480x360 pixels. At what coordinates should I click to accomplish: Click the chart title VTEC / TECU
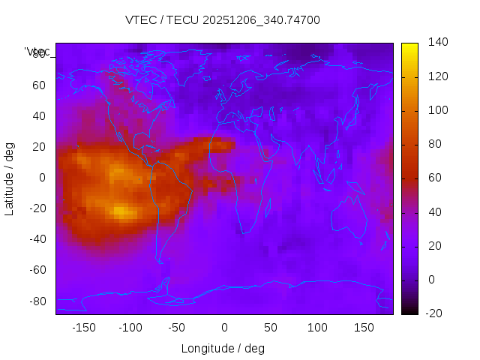click(x=223, y=20)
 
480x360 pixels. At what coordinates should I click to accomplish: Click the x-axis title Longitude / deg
click(x=223, y=348)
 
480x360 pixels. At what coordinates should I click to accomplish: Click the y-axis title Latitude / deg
click(x=10, y=178)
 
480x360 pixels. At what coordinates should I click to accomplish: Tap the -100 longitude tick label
click(x=130, y=327)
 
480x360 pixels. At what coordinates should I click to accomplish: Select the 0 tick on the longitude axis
click(x=224, y=327)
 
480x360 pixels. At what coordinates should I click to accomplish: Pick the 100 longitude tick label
click(x=318, y=327)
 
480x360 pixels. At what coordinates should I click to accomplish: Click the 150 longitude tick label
click(x=364, y=327)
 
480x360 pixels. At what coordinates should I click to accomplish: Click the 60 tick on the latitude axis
click(x=39, y=85)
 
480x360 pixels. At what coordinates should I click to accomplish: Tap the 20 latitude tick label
click(x=39, y=147)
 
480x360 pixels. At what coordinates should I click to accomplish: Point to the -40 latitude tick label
click(x=36, y=239)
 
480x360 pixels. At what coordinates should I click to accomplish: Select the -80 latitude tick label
click(x=36, y=301)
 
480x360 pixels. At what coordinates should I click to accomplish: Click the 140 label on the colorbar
click(x=438, y=42)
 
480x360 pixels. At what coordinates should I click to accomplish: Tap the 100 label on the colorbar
click(x=438, y=110)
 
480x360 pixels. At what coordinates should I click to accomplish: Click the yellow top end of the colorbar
click(x=409, y=46)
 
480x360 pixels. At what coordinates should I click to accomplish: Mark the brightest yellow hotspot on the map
click(x=120, y=211)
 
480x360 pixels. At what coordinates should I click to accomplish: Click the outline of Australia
click(x=349, y=217)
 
